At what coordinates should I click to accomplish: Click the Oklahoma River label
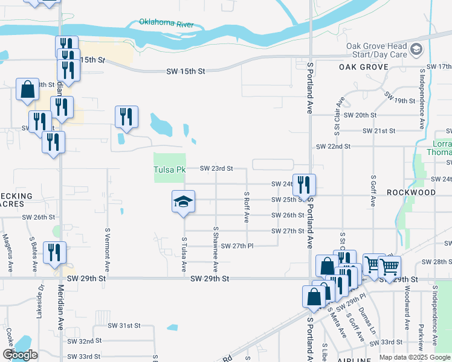tap(165, 23)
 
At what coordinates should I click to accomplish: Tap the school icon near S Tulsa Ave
tap(183, 201)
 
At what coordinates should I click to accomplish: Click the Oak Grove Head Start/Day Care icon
tap(416, 48)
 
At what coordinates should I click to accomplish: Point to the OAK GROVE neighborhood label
tap(363, 66)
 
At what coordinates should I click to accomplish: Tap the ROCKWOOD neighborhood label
tap(411, 192)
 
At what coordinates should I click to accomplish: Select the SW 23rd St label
tap(216, 168)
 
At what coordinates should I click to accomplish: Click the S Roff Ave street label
tap(247, 208)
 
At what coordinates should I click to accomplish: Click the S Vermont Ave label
tap(108, 249)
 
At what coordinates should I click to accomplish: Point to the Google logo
tap(20, 355)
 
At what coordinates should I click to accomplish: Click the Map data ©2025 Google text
tap(415, 357)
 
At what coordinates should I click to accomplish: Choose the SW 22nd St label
tap(334, 147)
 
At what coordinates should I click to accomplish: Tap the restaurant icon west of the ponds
tap(126, 116)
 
